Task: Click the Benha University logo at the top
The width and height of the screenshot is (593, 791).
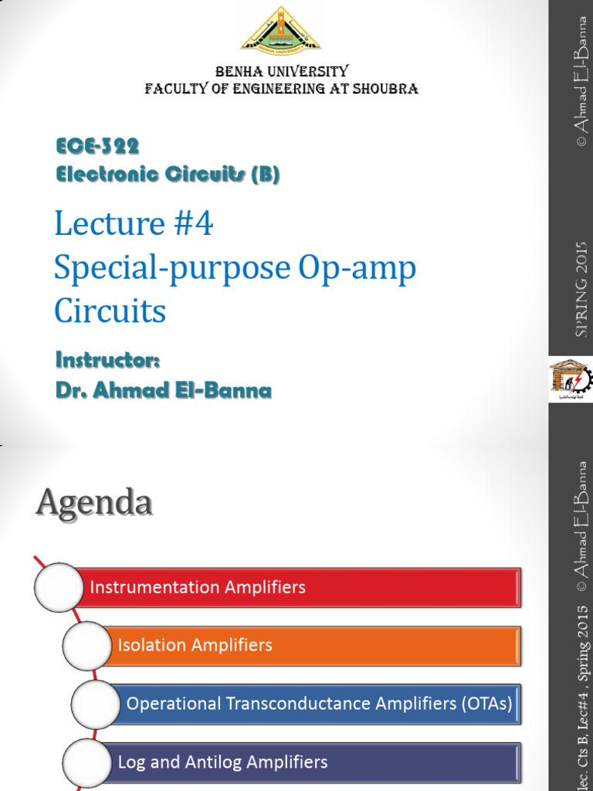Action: coord(282,31)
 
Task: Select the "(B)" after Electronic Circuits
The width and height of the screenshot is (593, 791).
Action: coord(264,175)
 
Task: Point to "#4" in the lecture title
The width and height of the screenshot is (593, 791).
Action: coord(192,224)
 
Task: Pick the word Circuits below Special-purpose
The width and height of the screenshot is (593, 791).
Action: coord(110,311)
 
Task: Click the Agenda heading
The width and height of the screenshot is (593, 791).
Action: coord(93,504)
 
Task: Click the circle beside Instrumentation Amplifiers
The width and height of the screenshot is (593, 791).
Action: coord(59,588)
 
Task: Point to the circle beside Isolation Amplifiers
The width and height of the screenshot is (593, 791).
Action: coord(86,646)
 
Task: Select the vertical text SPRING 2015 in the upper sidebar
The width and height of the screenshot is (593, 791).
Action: coord(581,289)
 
